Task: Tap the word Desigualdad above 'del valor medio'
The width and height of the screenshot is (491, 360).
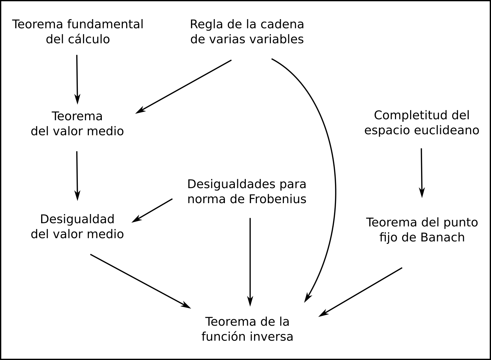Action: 77,219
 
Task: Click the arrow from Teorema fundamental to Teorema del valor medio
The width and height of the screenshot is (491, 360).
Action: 77,79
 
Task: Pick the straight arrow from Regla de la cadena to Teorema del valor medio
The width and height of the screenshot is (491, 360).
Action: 183,87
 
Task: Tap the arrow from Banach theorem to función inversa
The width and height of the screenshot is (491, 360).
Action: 360,292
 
